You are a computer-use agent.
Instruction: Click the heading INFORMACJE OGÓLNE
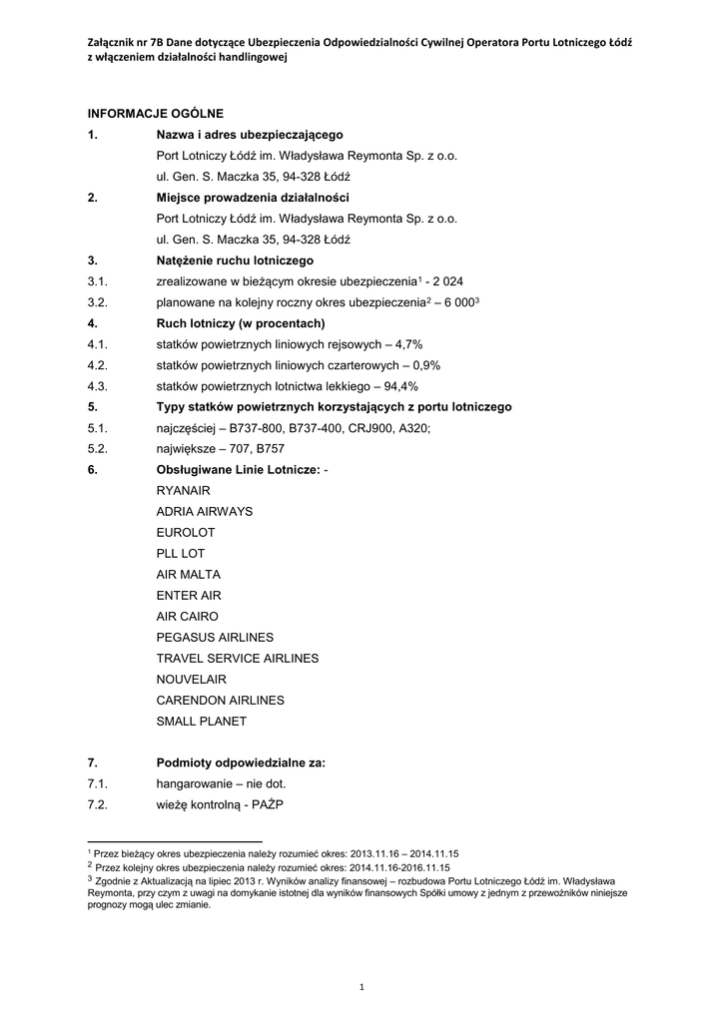pyautogui.click(x=155, y=113)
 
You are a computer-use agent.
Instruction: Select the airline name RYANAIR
pyautogui.click(x=183, y=490)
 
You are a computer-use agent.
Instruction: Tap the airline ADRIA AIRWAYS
pyautogui.click(x=205, y=511)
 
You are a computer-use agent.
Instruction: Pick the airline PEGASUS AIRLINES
pyautogui.click(x=215, y=637)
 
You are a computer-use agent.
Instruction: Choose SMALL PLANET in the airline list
pyautogui.click(x=201, y=721)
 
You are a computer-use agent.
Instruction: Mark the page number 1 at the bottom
pyautogui.click(x=362, y=987)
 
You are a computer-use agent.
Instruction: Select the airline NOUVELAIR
pyautogui.click(x=191, y=679)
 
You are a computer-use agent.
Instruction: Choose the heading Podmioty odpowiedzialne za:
pyautogui.click(x=241, y=763)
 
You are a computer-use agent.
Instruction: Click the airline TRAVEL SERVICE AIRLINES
pyautogui.click(x=238, y=658)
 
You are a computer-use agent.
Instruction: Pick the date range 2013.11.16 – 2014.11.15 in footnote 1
pyautogui.click(x=403, y=854)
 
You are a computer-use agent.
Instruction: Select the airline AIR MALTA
pyautogui.click(x=189, y=574)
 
